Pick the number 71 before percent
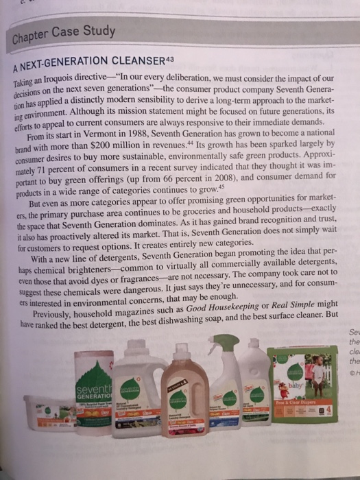(x=50, y=169)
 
